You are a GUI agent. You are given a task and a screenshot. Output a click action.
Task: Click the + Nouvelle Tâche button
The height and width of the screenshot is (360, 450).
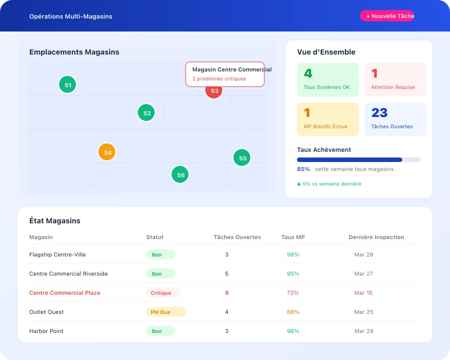tap(387, 16)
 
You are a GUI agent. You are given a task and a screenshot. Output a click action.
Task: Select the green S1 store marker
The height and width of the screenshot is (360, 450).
tap(67, 85)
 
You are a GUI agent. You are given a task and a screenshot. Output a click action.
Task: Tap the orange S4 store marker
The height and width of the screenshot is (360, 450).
tap(107, 152)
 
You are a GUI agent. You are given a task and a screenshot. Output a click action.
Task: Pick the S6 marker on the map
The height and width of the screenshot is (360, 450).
tap(180, 175)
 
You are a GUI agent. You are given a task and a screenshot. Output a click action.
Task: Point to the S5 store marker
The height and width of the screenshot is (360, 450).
tap(242, 158)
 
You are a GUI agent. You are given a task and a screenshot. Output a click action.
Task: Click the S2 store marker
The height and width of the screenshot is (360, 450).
tap(146, 113)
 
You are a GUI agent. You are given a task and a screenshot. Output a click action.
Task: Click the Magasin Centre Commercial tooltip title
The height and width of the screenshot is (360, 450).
tap(231, 70)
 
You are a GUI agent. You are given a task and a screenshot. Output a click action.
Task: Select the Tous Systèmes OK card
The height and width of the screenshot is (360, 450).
tap(327, 79)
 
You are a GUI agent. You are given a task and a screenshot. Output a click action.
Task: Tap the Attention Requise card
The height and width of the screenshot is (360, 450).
tap(395, 79)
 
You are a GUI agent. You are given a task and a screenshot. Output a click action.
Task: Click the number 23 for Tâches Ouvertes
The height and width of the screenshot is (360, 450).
tap(380, 113)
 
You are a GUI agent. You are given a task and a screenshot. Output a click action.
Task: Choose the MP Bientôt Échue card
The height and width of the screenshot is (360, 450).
tap(327, 119)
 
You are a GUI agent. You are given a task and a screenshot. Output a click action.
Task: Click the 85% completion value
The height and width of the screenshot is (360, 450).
tap(303, 169)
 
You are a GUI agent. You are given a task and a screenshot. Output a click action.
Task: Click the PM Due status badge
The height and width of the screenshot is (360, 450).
tap(166, 312)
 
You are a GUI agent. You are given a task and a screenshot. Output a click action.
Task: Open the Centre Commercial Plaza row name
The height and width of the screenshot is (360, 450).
tap(65, 293)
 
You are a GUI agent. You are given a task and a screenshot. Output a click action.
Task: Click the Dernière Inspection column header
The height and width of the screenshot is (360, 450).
tap(376, 237)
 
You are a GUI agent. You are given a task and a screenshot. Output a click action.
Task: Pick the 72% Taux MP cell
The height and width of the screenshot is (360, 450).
tap(292, 293)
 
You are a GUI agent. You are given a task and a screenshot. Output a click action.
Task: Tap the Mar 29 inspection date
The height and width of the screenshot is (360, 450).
tap(363, 331)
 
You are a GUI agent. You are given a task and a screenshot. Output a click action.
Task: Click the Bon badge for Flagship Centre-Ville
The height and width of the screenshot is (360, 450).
tap(160, 255)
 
